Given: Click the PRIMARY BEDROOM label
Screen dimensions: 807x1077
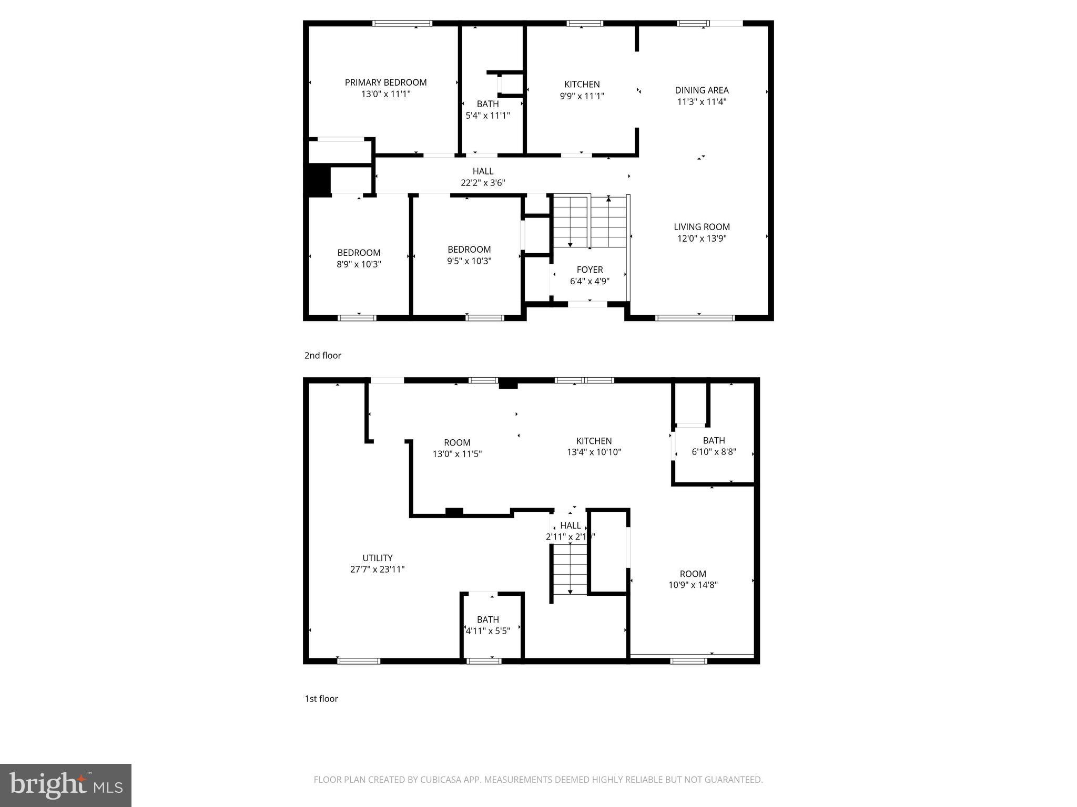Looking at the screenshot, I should click(385, 82).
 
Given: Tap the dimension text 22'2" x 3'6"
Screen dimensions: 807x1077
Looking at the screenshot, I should click(483, 183).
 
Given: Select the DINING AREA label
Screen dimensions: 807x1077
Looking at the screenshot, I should click(702, 90).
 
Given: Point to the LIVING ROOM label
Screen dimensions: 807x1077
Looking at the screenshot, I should click(702, 227).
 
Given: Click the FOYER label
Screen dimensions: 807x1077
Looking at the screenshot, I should click(590, 270).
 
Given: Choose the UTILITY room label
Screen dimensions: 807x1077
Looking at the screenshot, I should click(377, 558).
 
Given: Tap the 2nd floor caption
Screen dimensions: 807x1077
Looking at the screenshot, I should click(322, 356).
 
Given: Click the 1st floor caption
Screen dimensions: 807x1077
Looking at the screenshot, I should click(321, 699).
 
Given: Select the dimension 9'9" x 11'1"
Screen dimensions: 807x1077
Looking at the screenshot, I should click(582, 96).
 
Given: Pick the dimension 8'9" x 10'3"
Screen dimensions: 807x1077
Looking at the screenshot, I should click(359, 264).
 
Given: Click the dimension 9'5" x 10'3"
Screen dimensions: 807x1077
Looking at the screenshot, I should click(469, 261).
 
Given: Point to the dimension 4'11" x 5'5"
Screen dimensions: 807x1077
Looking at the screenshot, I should click(487, 631).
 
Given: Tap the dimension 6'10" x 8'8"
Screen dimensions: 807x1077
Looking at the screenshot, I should click(714, 452).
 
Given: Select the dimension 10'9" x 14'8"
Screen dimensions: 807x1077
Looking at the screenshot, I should click(693, 585).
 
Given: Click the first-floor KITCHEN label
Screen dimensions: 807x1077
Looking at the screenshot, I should click(594, 441).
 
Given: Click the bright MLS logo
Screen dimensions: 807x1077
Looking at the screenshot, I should click(66, 785).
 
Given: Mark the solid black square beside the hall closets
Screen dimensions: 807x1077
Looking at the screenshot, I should click(319, 180).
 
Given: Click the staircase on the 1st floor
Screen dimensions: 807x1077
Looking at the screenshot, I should click(570, 570).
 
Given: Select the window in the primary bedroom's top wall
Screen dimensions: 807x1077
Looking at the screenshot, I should click(402, 23).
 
